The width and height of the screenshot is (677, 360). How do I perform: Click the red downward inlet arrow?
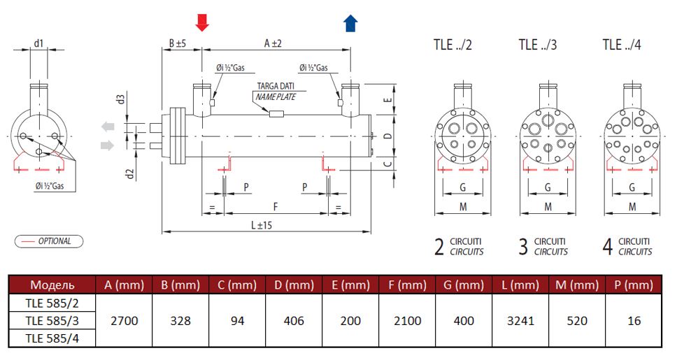pyautogui.click(x=202, y=22)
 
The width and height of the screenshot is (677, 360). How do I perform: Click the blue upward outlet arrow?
pyautogui.click(x=350, y=23)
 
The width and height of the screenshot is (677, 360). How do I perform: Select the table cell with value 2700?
pyautogui.click(x=124, y=321)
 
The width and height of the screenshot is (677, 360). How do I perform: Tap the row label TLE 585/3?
pyautogui.click(x=52, y=321)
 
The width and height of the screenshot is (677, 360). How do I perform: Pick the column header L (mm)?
pyautogui.click(x=520, y=285)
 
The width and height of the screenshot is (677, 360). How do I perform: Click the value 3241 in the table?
pyautogui.click(x=520, y=321)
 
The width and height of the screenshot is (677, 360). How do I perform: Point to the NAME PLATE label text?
pyautogui.click(x=276, y=96)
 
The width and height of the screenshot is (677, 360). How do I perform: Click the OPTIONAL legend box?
pyautogui.click(x=49, y=241)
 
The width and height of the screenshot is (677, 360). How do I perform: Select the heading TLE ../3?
pyautogui.click(x=538, y=45)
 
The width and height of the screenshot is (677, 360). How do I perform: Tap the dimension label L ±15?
pyautogui.click(x=262, y=225)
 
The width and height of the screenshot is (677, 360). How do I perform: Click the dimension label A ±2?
pyautogui.click(x=273, y=43)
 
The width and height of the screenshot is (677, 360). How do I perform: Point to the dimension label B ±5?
pyautogui.click(x=177, y=43)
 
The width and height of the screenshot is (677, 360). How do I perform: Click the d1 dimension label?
pyautogui.click(x=39, y=43)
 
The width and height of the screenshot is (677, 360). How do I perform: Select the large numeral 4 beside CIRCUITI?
pyautogui.click(x=608, y=247)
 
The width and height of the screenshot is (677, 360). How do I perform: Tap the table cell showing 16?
pyautogui.click(x=634, y=321)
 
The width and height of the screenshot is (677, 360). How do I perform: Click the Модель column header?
pyautogui.click(x=52, y=285)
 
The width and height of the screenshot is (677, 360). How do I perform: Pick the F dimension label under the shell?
pyautogui.click(x=276, y=207)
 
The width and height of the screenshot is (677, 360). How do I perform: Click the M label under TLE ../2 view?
pyautogui.click(x=463, y=207)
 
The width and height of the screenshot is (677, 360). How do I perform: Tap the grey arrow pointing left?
pyautogui.click(x=108, y=127)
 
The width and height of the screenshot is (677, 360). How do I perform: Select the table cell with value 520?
pyautogui.click(x=577, y=321)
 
